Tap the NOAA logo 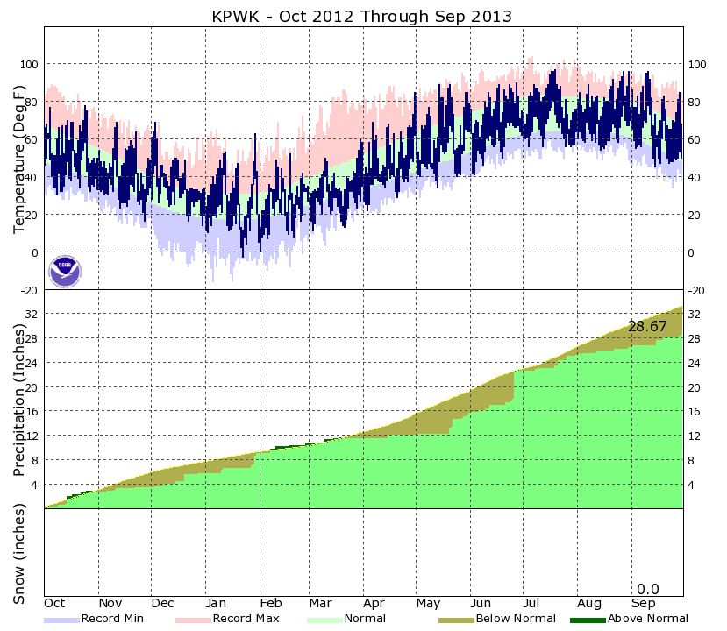pyautogui.click(x=64, y=271)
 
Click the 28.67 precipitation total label pyautogui.click(x=647, y=326)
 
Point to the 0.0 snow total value pyautogui.click(x=647, y=589)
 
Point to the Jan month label pyautogui.click(x=216, y=604)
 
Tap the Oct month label pyautogui.click(x=55, y=604)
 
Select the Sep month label pyautogui.click(x=643, y=604)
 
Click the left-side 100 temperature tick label pyautogui.click(x=29, y=65)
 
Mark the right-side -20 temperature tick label pyautogui.click(x=697, y=290)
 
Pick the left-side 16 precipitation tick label pyautogui.click(x=32, y=412)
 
